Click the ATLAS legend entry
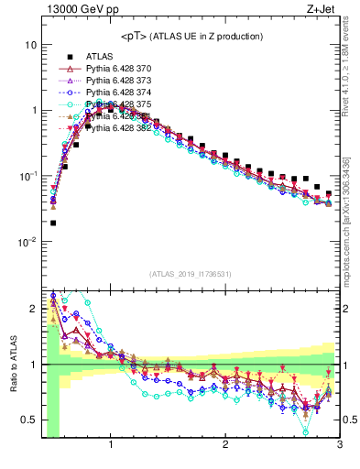click(99, 56)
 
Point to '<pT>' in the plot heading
click(136, 36)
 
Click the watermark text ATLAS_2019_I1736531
click(190, 274)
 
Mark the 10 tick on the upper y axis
click(31, 45)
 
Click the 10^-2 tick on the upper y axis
click(28, 242)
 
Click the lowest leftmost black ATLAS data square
click(53, 223)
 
